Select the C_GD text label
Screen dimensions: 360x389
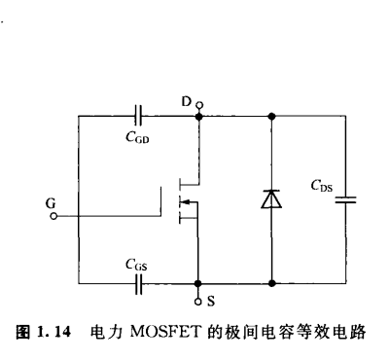click(137, 137)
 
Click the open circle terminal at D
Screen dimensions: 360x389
click(200, 103)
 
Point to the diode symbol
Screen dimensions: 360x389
click(271, 199)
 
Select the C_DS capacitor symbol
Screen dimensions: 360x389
click(344, 198)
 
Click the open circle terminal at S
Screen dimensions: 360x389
click(199, 298)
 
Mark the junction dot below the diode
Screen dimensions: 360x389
click(271, 283)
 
